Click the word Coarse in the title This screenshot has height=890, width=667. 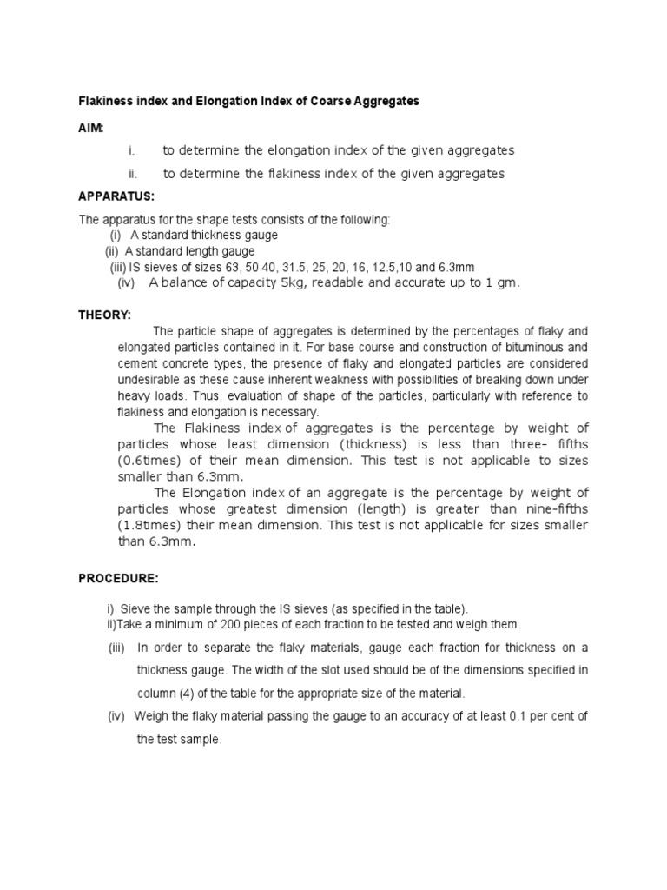325,102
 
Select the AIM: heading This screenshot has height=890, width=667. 91,128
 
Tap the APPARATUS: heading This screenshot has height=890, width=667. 116,197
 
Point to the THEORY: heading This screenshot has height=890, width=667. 105,314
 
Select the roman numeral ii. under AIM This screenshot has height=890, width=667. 133,174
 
